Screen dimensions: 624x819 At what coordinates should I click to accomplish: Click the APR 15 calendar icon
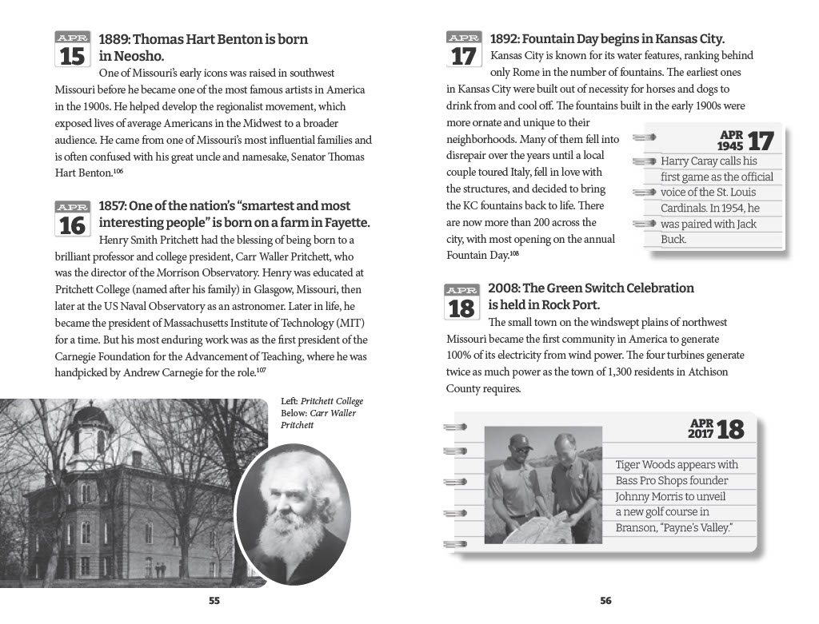[72, 50]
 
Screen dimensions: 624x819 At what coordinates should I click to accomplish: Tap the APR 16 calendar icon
[72, 219]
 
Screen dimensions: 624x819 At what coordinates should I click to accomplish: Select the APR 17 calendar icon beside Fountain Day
[463, 50]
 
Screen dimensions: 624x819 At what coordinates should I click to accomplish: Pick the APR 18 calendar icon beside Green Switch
[463, 301]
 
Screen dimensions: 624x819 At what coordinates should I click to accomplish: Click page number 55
[214, 601]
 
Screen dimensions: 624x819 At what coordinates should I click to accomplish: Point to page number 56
[605, 601]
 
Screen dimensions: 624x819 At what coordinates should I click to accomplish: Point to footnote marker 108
[514, 253]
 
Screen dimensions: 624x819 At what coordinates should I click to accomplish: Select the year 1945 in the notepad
[729, 147]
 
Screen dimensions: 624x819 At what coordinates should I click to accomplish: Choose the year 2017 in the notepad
[701, 435]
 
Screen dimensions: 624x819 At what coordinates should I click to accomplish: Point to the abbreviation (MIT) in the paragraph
[350, 323]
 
